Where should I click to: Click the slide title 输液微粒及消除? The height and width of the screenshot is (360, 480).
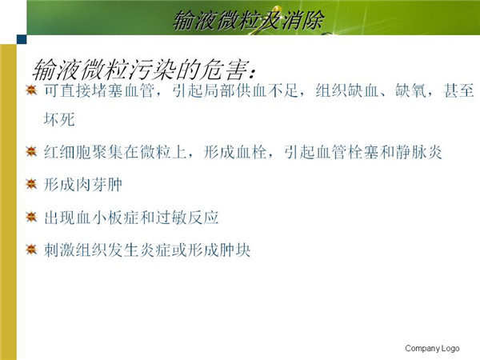[x=249, y=20]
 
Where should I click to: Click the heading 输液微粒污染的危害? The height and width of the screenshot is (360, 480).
[x=144, y=70]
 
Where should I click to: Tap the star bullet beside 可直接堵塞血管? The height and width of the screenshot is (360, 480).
[x=31, y=90]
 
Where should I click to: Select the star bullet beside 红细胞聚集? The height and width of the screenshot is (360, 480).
[x=31, y=151]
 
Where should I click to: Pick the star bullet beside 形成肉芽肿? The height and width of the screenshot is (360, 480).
[x=31, y=184]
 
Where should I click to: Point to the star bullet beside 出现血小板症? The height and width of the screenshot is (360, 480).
[x=31, y=217]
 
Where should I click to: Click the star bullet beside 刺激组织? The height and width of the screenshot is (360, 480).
[x=31, y=250]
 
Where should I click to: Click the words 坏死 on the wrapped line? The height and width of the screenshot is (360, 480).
[x=59, y=119]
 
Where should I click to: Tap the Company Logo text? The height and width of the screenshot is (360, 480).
[x=432, y=348]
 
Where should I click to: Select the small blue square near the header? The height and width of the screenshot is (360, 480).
[x=22, y=39]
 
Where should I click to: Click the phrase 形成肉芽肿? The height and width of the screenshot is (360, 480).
[x=83, y=185]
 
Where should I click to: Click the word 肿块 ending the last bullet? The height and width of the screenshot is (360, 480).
[x=235, y=250]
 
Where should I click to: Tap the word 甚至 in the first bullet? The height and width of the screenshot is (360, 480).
[x=458, y=90]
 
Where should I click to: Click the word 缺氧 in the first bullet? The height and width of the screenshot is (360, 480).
[x=411, y=90]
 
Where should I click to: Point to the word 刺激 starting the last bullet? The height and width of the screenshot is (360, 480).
[x=59, y=250]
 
